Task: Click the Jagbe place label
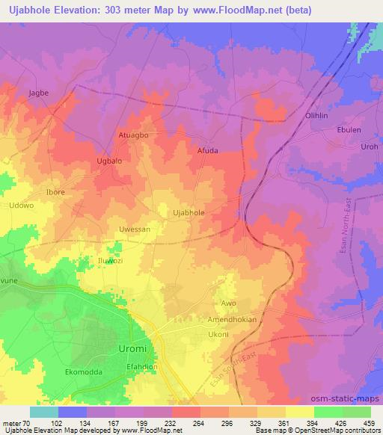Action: pos(38,93)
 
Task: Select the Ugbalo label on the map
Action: pos(111,161)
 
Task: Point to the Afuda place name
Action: pos(207,150)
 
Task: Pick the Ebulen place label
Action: pos(351,129)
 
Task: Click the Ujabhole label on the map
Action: pos(189,213)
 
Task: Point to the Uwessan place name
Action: pos(135,229)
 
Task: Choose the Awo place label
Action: pos(228,303)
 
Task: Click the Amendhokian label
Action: pos(233,319)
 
